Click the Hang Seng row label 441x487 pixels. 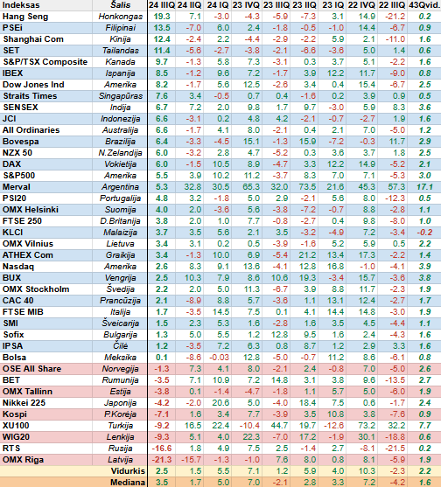(25, 17)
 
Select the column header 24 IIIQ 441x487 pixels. (162, 5)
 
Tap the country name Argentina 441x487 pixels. (120, 187)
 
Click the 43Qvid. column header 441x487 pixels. (424, 5)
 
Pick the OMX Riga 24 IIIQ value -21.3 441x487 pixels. (161, 460)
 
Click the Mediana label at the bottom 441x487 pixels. (128, 483)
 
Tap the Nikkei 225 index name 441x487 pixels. (24, 403)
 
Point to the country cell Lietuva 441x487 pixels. (120, 244)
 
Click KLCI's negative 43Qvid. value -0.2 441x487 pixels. (424, 233)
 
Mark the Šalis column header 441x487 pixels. (120, 5)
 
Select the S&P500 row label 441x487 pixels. (19, 176)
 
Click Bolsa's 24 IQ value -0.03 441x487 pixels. (219, 358)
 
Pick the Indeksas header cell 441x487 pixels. (21, 5)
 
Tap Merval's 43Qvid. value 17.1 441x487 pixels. (424, 187)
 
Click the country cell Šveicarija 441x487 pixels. (120, 324)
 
